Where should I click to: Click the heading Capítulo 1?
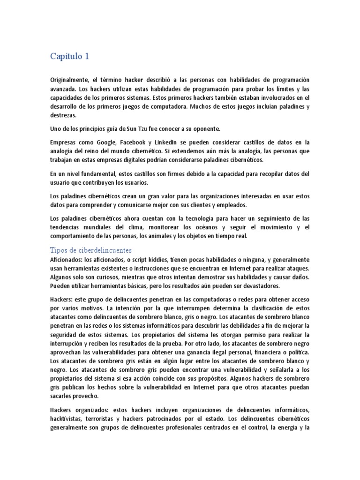(69, 57)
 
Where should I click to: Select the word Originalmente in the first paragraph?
(71, 80)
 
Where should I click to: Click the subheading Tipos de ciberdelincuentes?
(91, 249)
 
